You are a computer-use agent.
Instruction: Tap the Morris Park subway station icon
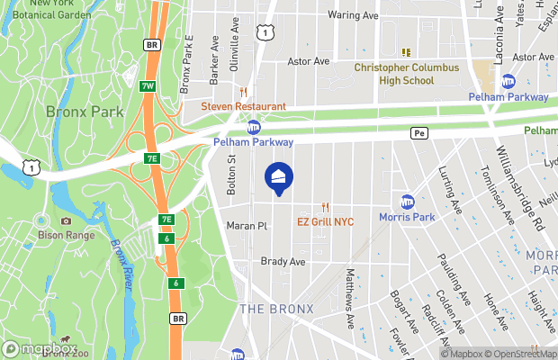pyautogui.click(x=408, y=202)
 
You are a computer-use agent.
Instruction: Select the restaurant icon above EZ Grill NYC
pyautogui.click(x=326, y=207)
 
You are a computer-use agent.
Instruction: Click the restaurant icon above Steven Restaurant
pyautogui.click(x=242, y=92)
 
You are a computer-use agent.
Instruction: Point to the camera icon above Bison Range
pyautogui.click(x=65, y=221)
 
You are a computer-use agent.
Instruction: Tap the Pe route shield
pyautogui.click(x=418, y=132)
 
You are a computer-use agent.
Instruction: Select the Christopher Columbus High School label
pyautogui.click(x=406, y=74)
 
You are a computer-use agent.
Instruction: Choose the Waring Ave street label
pyautogui.click(x=352, y=15)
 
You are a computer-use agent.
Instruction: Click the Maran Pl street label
pyautogui.click(x=247, y=226)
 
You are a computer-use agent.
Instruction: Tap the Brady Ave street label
pyautogui.click(x=283, y=262)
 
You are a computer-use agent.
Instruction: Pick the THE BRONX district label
pyautogui.click(x=276, y=309)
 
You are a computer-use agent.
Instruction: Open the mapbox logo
pyautogui.click(x=39, y=347)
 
